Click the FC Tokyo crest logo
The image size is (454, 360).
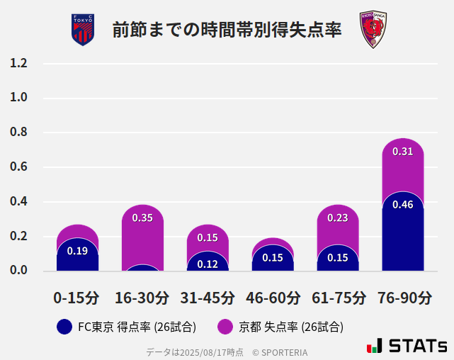tap(83, 30)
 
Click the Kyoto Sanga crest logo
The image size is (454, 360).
tap(371, 30)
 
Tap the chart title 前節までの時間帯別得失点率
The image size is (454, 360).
tap(227, 30)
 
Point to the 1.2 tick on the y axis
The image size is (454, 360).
tap(18, 63)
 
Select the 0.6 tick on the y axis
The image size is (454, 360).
tap(18, 167)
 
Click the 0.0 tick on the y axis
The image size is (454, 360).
tap(18, 271)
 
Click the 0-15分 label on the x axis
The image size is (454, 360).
tap(77, 298)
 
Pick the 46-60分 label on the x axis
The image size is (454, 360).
tap(273, 298)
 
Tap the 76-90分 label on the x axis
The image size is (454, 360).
tap(403, 298)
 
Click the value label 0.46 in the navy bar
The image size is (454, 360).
tap(402, 205)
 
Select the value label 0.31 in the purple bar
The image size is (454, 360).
tap(402, 151)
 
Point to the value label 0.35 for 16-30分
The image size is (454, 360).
tap(142, 218)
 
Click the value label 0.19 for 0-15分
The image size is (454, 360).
tap(77, 250)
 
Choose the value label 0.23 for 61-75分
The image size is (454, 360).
tap(338, 218)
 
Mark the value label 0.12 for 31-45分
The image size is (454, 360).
tap(208, 264)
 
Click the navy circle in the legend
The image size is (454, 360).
tap(64, 327)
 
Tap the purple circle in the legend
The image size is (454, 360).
tap(225, 327)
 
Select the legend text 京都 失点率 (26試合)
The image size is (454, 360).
tap(291, 327)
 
